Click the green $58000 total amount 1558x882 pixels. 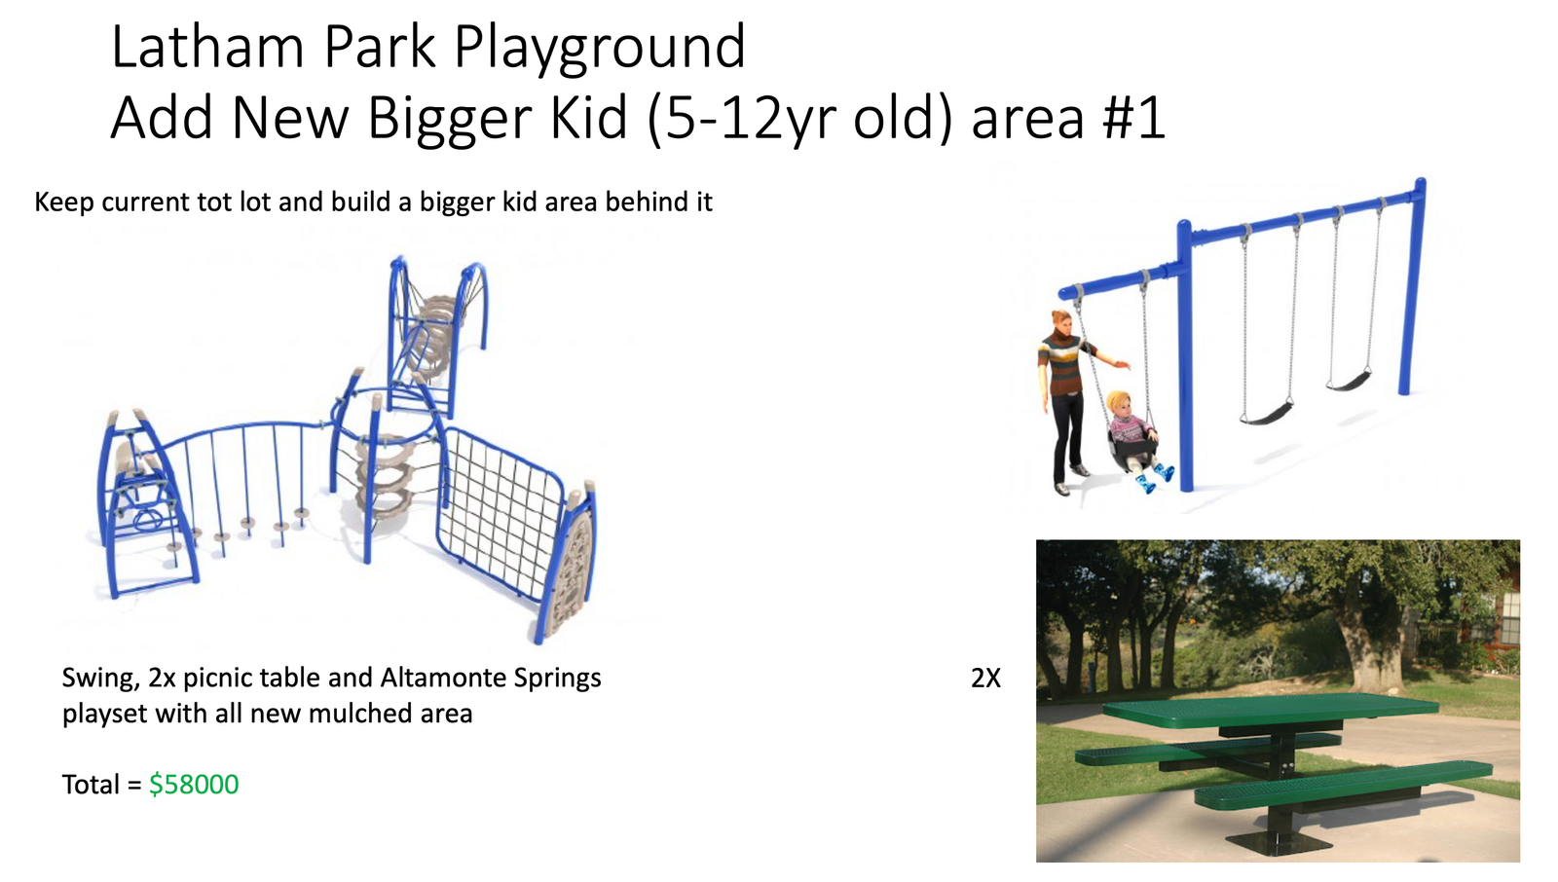point(194,785)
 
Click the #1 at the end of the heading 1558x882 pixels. point(1133,118)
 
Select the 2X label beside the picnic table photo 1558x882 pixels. point(985,679)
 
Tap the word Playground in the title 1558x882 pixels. point(600,49)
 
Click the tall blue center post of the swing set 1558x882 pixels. point(1184,354)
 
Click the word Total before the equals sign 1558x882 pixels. point(92,785)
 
